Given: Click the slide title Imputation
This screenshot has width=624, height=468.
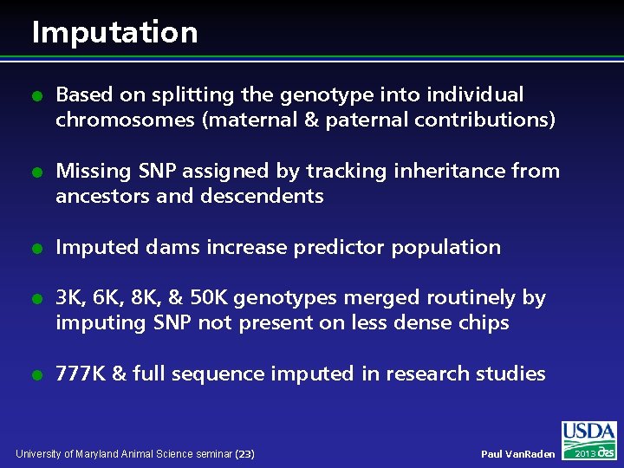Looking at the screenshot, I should pyautogui.click(x=114, y=33).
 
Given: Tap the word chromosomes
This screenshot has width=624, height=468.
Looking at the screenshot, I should pyautogui.click(x=125, y=120).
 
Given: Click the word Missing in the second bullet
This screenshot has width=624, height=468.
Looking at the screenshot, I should pyautogui.click(x=89, y=172).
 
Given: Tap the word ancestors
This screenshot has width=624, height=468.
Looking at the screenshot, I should pyautogui.click(x=98, y=197).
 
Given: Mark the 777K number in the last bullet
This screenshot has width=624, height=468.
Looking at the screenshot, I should pyautogui.click(x=81, y=374).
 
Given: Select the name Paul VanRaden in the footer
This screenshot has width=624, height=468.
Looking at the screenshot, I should pyautogui.click(x=518, y=454).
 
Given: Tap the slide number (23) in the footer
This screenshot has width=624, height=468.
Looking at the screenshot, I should pyautogui.click(x=245, y=454).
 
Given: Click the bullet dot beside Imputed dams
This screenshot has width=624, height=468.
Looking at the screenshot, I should pyautogui.click(x=36, y=249).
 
